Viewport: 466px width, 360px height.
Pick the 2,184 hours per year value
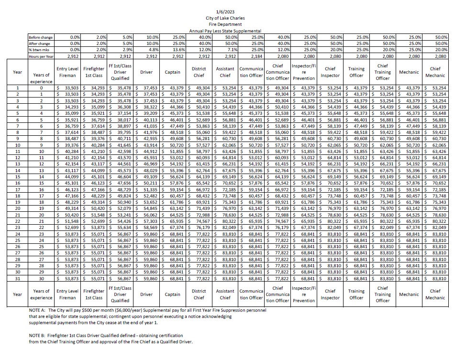[x=257, y=56]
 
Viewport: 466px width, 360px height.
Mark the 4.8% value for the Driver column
[x=152, y=50]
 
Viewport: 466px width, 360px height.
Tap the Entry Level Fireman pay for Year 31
[x=69, y=278]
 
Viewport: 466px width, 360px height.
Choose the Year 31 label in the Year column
[x=18, y=278]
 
